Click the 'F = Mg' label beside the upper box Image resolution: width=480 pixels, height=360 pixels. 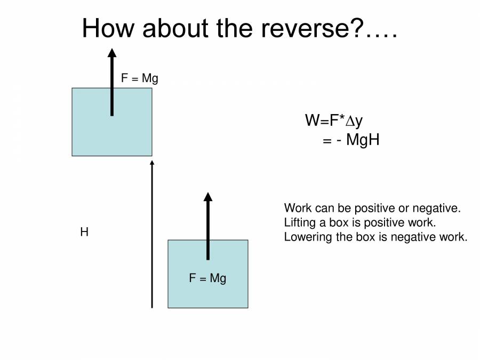coord(139,78)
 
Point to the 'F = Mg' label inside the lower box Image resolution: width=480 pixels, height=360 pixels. coord(207,278)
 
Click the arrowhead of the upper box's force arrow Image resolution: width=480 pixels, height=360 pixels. coord(111,52)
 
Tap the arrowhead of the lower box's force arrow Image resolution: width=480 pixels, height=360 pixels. coord(208,196)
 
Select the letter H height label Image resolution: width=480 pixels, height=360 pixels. coord(84,233)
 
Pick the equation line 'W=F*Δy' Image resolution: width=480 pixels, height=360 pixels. coord(334,121)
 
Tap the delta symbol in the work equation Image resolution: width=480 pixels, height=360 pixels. coord(349,122)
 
